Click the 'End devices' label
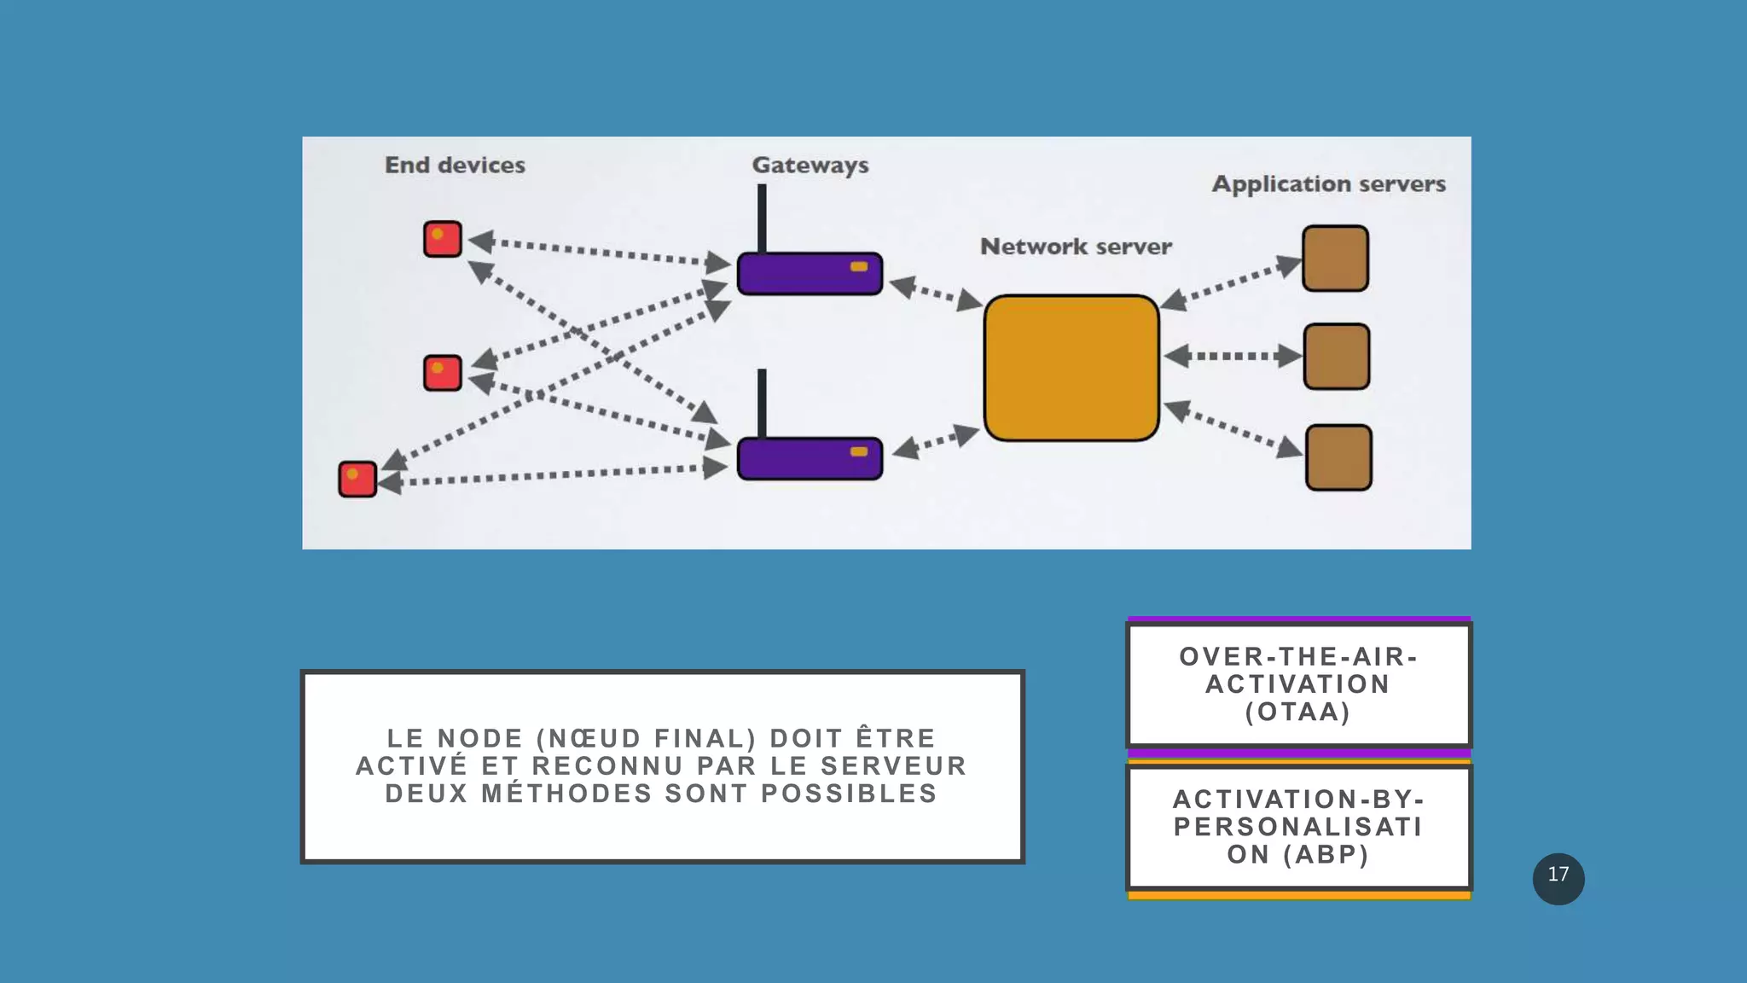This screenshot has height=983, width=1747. (455, 165)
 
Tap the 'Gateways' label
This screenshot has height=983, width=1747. (810, 165)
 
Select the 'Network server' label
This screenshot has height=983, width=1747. (1076, 247)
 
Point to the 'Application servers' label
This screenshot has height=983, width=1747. (1328, 184)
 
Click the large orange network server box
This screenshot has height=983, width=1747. (1071, 368)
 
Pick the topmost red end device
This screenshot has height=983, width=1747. (443, 239)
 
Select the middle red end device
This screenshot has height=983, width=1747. (443, 373)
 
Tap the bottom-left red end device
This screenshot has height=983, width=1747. (357, 479)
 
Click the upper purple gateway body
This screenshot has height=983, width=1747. (809, 274)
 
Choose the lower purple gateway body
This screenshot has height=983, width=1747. (809, 459)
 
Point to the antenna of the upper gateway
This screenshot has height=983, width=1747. (762, 218)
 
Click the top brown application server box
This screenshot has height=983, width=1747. (1335, 258)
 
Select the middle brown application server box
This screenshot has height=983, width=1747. (1337, 356)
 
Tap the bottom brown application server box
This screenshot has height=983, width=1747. (1338, 457)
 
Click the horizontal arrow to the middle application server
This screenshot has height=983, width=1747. (1232, 356)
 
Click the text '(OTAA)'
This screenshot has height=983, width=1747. (1297, 712)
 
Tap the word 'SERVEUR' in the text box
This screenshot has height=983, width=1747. (893, 765)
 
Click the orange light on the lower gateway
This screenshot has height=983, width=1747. (859, 451)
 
